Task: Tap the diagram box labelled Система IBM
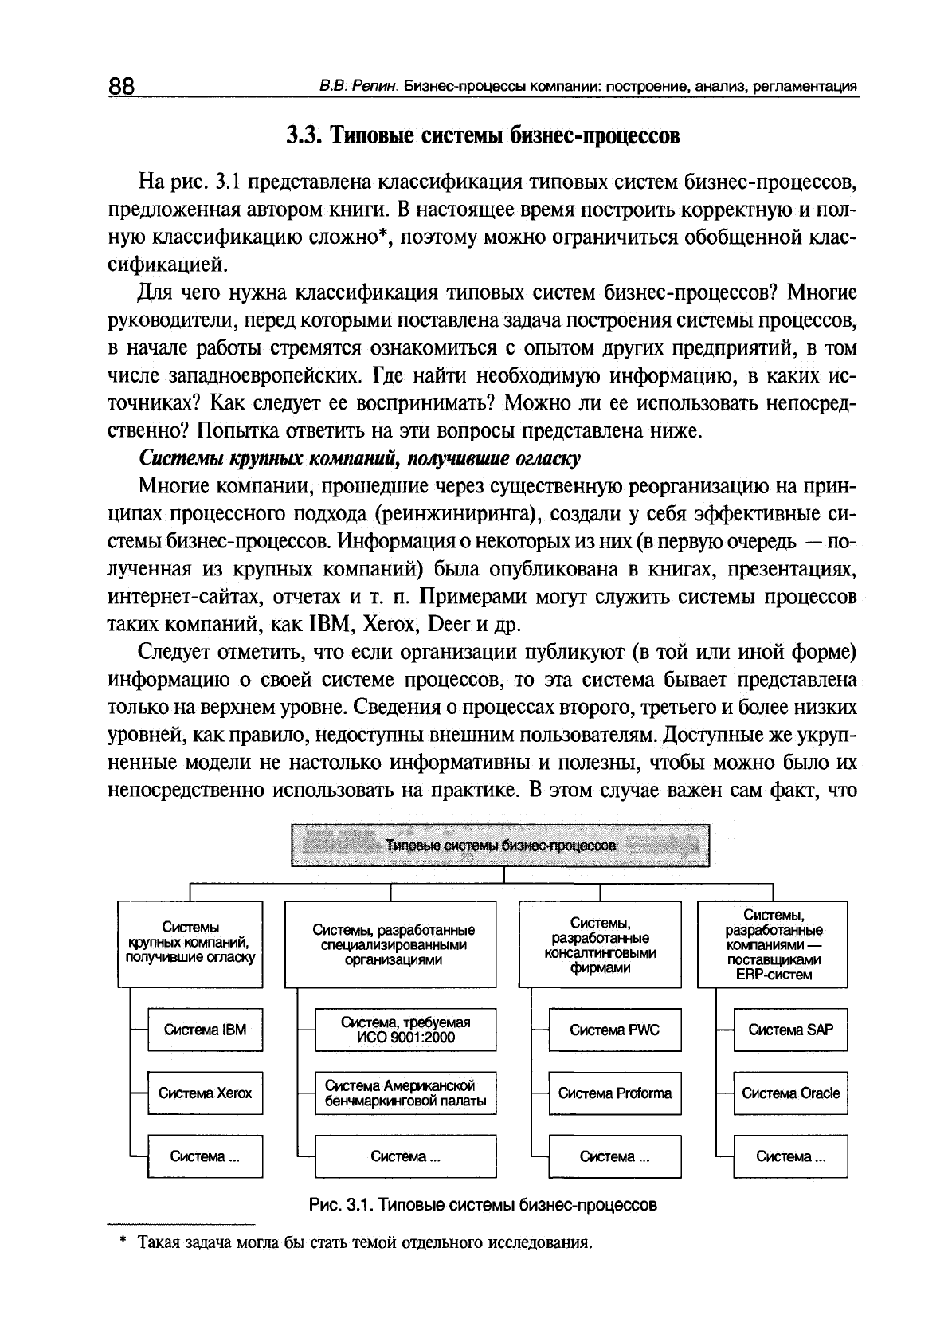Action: tap(206, 1030)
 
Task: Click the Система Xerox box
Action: tap(206, 1093)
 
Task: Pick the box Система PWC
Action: tap(614, 1030)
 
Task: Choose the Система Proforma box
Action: tap(614, 1093)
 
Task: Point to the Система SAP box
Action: tap(790, 1030)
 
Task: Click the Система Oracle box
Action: tap(790, 1093)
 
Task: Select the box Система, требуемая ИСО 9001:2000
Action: tap(405, 1030)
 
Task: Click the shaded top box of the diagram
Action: tap(499, 846)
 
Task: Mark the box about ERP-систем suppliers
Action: tap(773, 944)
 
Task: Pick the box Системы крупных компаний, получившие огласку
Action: tap(190, 943)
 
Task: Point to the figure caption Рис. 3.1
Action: tap(483, 1204)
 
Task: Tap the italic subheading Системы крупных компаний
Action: tap(360, 459)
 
